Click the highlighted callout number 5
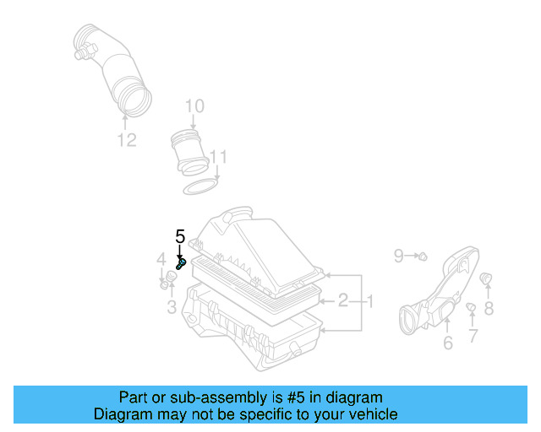[x=179, y=236]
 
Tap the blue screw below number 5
[x=180, y=264]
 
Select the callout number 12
[x=126, y=140]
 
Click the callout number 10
[x=194, y=106]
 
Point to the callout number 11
[x=219, y=157]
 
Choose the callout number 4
[x=161, y=258]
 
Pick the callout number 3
[x=172, y=307]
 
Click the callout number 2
[x=343, y=300]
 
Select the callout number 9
[x=399, y=254]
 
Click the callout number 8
[x=489, y=309]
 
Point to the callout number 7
[x=473, y=336]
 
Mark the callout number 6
[x=447, y=342]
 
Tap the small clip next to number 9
[x=422, y=255]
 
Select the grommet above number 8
[x=486, y=278]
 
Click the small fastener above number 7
[x=472, y=307]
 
